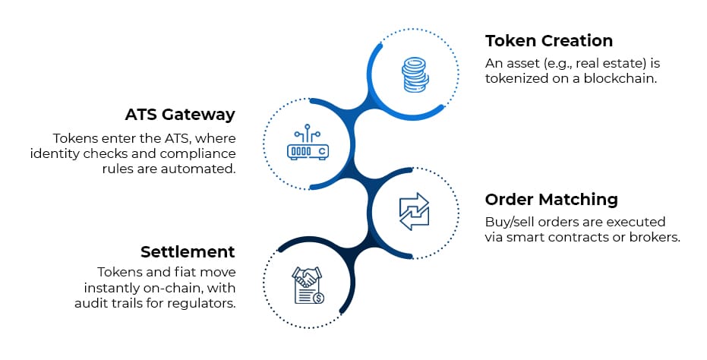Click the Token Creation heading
[x=548, y=40]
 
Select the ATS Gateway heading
[x=179, y=115]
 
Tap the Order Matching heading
[x=551, y=200]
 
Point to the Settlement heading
[x=187, y=251]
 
